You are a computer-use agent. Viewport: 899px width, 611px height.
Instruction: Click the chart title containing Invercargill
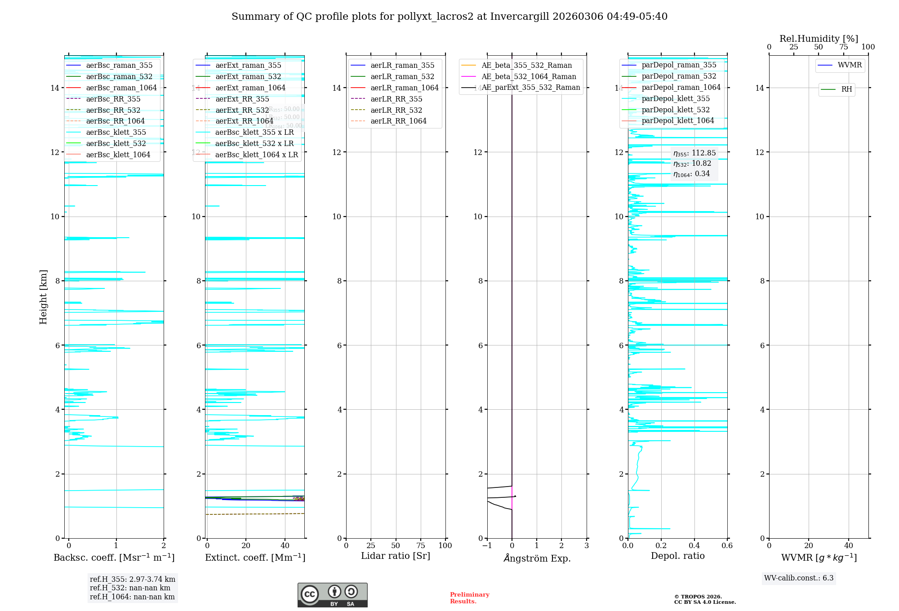coord(449,17)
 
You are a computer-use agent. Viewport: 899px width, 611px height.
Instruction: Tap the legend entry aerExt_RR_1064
coord(244,121)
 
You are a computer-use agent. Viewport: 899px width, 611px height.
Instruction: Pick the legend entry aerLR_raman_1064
coord(405,88)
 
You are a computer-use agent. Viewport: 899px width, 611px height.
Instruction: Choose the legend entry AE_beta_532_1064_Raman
coord(529,77)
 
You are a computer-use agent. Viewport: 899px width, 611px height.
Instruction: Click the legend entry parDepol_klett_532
coord(676,110)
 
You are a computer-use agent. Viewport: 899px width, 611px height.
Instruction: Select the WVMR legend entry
coord(850,66)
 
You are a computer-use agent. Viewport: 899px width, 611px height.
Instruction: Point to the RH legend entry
coord(846,89)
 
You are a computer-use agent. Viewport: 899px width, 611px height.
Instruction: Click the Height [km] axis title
coord(43,297)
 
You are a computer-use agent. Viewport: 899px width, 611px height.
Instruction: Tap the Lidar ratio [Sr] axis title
coord(396,556)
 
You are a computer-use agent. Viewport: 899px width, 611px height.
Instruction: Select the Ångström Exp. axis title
coord(537,558)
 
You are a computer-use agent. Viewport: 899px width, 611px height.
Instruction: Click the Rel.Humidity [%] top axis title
coord(819,39)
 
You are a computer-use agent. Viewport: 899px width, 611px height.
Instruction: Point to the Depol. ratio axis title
coord(678,556)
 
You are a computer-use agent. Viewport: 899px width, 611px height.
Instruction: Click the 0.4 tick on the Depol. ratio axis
coord(694,546)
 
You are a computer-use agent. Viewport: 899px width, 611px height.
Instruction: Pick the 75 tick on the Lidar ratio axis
coord(421,546)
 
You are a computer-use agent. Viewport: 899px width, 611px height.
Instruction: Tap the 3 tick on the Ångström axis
coord(587,546)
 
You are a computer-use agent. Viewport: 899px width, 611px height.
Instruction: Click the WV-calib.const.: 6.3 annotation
coord(799,578)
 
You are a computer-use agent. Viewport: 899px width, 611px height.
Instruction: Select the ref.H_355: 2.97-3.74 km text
coord(133,580)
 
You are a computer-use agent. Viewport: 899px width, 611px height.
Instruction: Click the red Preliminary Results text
coord(469,598)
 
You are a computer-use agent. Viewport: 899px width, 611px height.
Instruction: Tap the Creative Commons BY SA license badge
coord(333,595)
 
